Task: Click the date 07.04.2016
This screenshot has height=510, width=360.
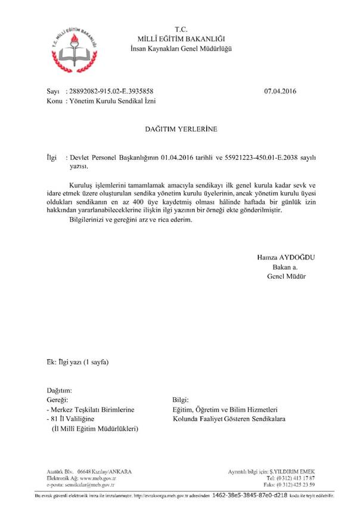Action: (280, 92)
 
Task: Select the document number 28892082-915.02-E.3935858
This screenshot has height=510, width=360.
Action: (111, 92)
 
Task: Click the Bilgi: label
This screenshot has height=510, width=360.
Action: (180, 400)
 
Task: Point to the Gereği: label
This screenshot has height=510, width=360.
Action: (58, 400)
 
